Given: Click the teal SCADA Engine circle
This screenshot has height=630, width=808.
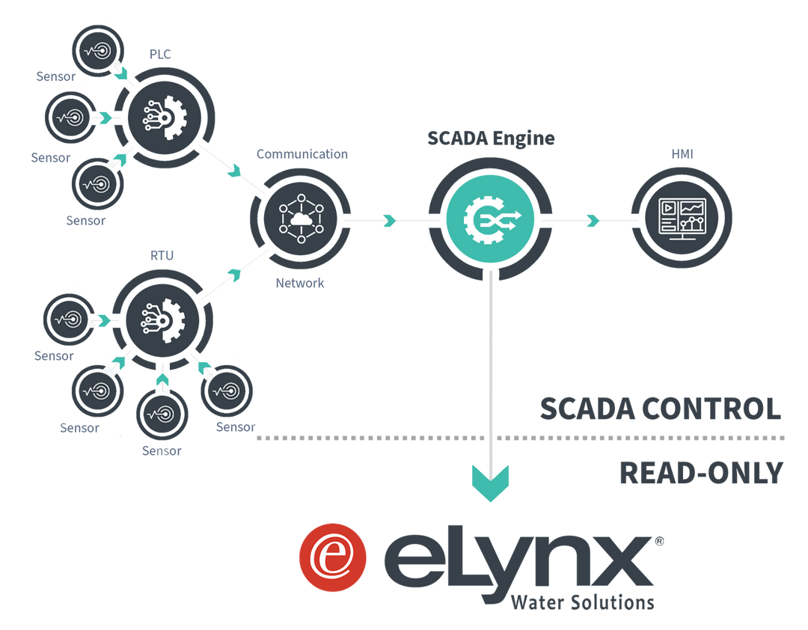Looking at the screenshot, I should [x=491, y=220].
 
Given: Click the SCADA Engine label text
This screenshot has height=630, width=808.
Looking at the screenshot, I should [x=491, y=139].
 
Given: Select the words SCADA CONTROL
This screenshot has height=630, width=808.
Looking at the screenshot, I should [x=661, y=409].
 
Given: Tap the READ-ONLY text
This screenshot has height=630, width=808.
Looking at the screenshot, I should [x=701, y=473].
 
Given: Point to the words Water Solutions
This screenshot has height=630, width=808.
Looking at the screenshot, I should [x=582, y=602].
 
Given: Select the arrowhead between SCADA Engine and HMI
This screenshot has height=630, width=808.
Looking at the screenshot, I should [x=593, y=220].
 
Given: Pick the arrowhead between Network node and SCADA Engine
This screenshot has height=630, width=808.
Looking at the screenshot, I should [x=389, y=220].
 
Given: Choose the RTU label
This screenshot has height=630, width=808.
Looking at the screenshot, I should [x=162, y=257].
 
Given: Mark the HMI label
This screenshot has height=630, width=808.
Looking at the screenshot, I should [x=682, y=153].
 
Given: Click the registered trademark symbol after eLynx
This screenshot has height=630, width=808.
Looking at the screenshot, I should [x=658, y=540].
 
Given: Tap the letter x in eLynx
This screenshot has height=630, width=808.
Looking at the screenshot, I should [x=616, y=566].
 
